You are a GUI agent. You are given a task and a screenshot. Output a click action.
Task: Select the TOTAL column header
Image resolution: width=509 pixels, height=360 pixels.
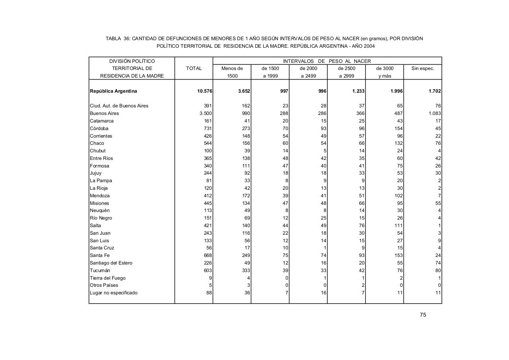194,68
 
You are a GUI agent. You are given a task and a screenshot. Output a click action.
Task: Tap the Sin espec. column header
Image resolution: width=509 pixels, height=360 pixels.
423,68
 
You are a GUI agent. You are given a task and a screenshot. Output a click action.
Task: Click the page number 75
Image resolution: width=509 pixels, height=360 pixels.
423,315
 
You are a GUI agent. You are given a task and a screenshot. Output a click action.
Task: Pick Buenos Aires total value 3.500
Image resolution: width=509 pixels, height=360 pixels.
205,113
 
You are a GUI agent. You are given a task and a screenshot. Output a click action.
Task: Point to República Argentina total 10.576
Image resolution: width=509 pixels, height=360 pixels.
205,91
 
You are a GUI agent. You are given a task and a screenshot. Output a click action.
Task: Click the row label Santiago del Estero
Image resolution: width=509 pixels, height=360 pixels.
111,263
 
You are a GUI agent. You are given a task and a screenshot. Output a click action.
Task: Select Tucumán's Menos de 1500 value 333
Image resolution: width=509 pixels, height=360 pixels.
246,270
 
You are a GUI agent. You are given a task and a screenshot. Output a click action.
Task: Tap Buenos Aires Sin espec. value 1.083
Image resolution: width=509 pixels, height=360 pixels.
434,113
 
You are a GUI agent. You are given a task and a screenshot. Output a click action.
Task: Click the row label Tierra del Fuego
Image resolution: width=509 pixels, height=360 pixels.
107,278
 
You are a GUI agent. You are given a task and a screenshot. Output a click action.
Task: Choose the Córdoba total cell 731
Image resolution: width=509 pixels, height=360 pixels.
208,128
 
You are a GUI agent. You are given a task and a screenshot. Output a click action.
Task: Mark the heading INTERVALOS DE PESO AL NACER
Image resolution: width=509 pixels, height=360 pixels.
327,61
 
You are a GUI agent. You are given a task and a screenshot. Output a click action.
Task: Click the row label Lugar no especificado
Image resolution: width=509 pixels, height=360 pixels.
114,293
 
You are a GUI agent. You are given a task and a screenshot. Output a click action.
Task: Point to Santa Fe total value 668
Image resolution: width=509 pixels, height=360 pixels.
208,255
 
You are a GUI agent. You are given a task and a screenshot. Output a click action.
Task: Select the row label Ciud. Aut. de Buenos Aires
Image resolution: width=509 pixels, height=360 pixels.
119,106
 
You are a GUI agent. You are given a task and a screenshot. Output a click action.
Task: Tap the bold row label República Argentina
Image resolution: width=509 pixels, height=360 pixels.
113,91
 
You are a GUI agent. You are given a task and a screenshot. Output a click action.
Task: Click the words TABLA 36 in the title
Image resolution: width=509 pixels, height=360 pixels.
117,39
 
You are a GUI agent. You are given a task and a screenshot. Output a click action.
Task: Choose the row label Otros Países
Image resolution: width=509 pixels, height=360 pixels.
104,285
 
